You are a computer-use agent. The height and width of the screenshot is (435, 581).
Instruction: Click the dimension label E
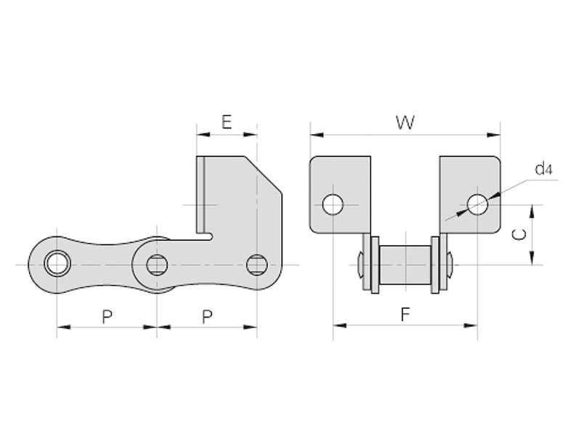227,122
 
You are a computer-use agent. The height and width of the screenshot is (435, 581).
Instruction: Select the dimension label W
405,123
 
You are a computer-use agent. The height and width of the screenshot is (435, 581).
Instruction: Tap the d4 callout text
544,170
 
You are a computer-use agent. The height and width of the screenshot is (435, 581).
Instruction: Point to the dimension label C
518,234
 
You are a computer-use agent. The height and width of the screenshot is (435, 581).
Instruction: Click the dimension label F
405,314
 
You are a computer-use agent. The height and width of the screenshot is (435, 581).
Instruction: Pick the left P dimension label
107,316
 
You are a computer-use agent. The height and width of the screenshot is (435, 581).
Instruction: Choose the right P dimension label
207,316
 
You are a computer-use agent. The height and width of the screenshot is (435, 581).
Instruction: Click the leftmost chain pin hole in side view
57,263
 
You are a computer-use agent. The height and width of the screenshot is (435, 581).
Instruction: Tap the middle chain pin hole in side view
157,265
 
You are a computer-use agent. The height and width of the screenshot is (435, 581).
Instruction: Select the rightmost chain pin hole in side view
256,265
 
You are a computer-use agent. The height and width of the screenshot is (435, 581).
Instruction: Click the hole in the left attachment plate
333,204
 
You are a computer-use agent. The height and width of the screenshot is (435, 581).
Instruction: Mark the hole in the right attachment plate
477,204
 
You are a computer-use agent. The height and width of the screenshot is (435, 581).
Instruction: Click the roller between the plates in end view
405,265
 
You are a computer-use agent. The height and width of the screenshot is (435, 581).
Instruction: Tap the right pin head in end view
450,265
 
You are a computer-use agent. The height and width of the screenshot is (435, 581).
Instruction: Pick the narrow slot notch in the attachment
209,236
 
